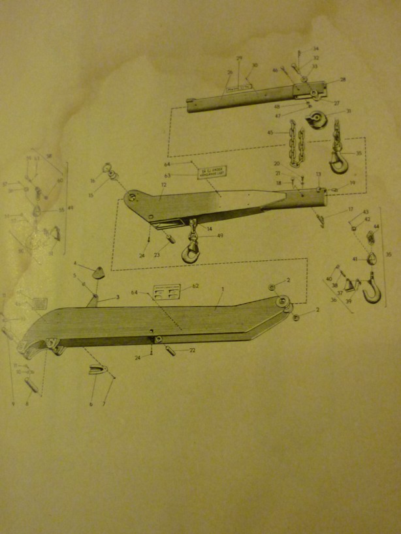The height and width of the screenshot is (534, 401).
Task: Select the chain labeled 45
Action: [296, 147]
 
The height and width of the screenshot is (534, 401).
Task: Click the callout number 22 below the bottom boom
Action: [192, 350]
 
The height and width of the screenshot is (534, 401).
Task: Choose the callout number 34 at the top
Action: [316, 49]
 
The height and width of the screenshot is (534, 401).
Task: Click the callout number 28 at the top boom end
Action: [343, 80]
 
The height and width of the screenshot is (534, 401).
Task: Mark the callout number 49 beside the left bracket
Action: [71, 208]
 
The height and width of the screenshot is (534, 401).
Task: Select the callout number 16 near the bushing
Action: [93, 181]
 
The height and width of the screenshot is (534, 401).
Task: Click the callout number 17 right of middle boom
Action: [350, 209]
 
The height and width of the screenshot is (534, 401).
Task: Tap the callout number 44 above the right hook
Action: [376, 226]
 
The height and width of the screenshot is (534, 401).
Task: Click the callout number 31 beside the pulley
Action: [348, 111]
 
